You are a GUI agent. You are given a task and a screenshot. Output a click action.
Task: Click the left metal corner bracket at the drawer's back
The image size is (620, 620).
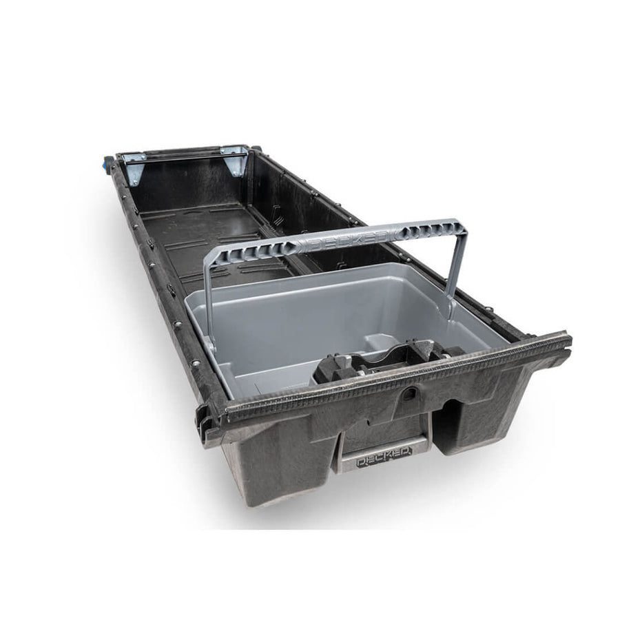pyautogui.click(x=134, y=169)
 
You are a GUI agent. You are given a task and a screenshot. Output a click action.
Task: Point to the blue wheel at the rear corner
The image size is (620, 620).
pyautogui.click(x=106, y=164)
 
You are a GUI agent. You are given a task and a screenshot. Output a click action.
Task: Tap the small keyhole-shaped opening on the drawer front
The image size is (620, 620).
pyautogui.click(x=411, y=393)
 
